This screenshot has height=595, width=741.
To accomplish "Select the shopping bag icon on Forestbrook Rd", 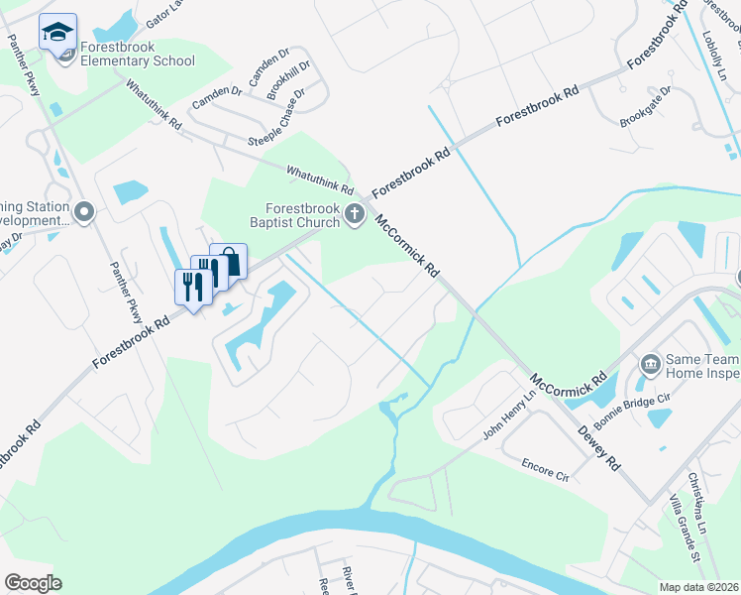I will (229, 262).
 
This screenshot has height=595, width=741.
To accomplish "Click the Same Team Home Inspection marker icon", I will (650, 365).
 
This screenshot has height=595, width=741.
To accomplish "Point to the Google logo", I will (33, 583).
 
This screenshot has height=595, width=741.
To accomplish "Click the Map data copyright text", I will (697, 587).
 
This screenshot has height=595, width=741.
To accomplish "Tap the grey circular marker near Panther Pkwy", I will (84, 212).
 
